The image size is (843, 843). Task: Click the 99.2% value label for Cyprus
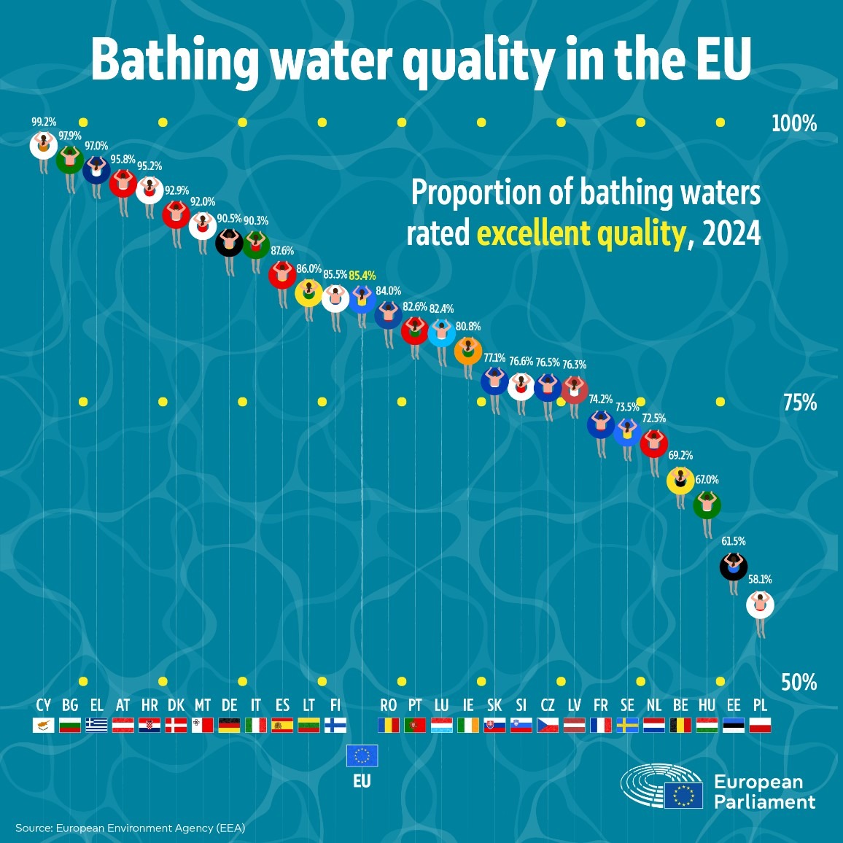coord(44,123)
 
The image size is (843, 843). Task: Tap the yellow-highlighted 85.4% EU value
coord(362,276)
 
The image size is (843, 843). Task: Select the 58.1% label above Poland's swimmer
coord(760,580)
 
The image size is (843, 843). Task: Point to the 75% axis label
coord(799,403)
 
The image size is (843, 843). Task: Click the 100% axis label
coord(794,123)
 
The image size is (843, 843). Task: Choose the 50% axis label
coord(799,683)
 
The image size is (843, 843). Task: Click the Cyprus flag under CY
coord(44,725)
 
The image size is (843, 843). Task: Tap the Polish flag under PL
coord(760,725)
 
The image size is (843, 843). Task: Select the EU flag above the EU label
coord(362,755)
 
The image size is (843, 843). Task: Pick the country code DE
coord(229,705)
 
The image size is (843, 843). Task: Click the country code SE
coord(627,705)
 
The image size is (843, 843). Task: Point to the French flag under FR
coord(601,725)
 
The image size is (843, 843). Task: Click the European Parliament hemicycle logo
coord(661,786)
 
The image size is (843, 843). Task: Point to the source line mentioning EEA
coord(130,828)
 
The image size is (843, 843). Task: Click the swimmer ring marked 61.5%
coord(734,565)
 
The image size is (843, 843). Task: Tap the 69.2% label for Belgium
coord(680,456)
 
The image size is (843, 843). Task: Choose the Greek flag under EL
coord(96,725)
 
